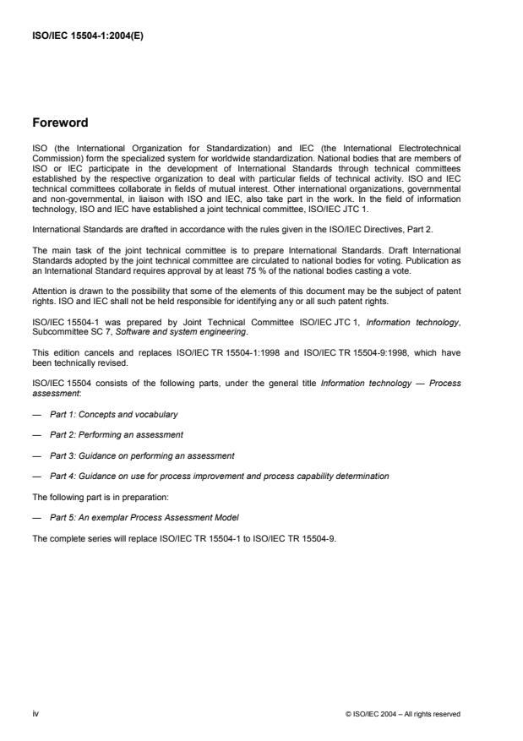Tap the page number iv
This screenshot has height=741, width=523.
[35, 714]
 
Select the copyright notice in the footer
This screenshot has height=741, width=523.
[403, 714]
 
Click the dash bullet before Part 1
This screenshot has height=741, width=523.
[36, 415]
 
